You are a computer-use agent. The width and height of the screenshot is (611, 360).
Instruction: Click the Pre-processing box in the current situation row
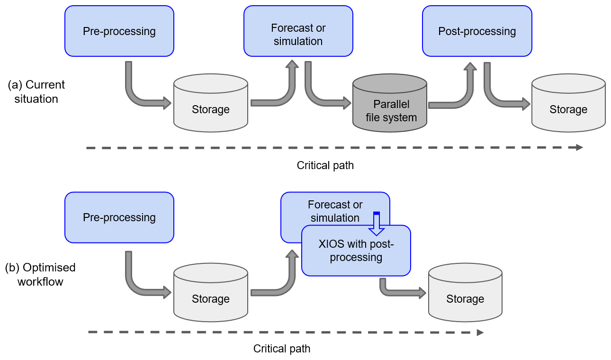tap(119, 31)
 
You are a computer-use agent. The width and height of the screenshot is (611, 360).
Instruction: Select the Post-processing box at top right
tap(477, 31)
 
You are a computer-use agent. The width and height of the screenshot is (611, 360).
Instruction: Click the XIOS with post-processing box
tap(356, 251)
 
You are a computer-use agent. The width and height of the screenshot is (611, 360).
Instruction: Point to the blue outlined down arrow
tap(377, 224)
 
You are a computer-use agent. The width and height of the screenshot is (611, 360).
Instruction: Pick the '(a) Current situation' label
tap(36, 92)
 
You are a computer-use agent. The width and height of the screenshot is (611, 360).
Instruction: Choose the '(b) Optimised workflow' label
tap(40, 274)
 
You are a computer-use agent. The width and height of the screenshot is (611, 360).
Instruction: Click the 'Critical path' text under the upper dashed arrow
tap(325, 165)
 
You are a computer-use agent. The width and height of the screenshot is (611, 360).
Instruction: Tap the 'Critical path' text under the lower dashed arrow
tap(282, 349)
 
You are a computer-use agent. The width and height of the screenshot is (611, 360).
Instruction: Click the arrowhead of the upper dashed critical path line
tap(579, 147)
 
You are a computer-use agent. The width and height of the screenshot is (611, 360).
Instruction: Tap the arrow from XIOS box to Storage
tap(398, 290)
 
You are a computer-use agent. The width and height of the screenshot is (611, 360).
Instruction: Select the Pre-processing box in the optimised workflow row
tap(119, 217)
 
